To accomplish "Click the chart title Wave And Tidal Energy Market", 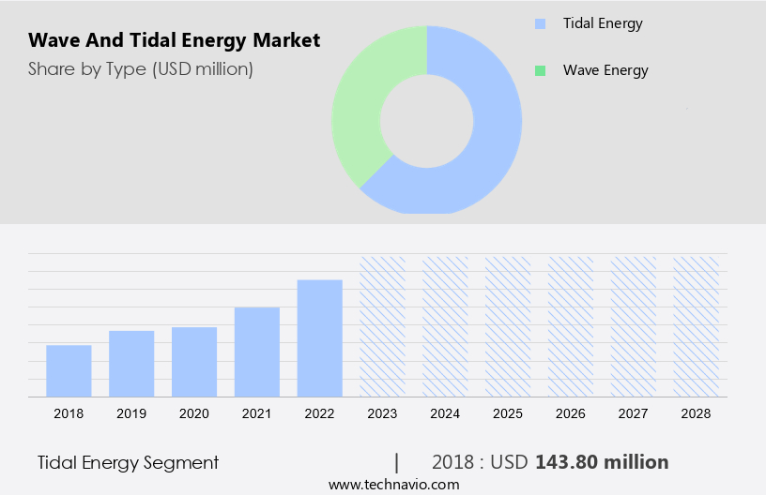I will point(174,40).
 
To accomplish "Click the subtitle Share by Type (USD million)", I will point(140,68).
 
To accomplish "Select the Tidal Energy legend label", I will point(602,23).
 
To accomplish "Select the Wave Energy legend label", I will point(605,70).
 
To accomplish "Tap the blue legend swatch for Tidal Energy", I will point(539,23).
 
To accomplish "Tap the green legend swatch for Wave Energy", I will point(539,70).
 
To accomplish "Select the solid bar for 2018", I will point(69,371).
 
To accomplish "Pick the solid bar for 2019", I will point(131,364).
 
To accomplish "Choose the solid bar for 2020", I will point(194,362).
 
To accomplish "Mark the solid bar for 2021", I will point(257,352).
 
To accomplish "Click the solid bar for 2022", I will point(320,338).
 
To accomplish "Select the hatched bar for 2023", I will point(382,326).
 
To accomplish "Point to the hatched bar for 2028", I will point(697,326).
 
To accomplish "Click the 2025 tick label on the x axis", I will point(508,413).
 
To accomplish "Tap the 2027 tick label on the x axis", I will point(634,413).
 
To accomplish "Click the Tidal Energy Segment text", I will point(128,462).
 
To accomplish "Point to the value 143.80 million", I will point(601,462).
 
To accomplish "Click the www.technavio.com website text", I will point(393,485).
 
